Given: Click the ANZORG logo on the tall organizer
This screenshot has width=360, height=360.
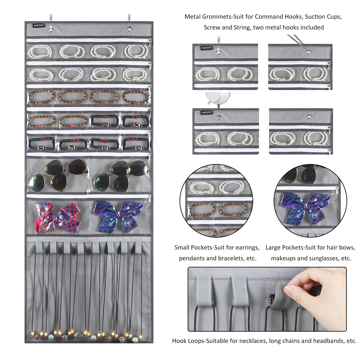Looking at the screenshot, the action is pos(39,25).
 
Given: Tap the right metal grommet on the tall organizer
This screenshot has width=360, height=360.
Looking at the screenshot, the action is pos(129,29).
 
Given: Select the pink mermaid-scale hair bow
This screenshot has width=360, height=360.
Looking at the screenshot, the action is pos(58,218).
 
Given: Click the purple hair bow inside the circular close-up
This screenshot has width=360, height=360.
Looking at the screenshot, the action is pos(305,209).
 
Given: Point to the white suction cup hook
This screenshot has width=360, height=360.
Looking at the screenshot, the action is pos(217,99).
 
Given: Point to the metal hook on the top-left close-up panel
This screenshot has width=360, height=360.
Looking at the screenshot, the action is pos(219,40).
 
